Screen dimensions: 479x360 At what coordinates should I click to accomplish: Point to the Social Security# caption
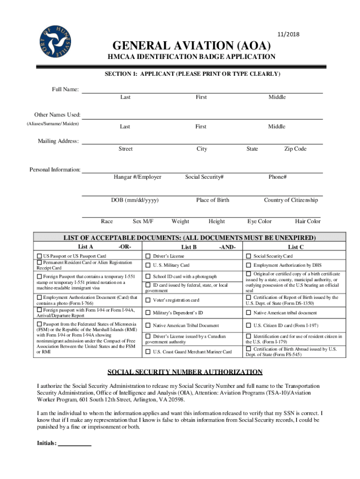tap(204, 177)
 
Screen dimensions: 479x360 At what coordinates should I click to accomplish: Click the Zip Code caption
tap(295, 149)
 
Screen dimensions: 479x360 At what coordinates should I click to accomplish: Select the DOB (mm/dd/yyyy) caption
tap(135, 200)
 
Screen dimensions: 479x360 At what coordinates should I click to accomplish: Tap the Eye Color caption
tap(259, 221)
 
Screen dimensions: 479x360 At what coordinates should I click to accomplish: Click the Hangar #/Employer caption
tap(137, 177)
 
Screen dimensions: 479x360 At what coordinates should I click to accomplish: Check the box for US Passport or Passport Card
tap(39, 256)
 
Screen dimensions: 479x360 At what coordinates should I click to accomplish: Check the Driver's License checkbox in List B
tap(148, 256)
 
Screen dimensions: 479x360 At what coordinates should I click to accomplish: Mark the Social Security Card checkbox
tap(249, 256)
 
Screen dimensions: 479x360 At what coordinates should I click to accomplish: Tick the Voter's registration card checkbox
tap(148, 300)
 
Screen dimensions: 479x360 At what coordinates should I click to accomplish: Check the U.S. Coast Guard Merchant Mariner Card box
tap(148, 351)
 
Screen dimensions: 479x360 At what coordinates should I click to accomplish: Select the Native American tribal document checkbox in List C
tap(249, 312)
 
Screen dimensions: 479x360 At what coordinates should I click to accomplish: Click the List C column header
tap(296, 247)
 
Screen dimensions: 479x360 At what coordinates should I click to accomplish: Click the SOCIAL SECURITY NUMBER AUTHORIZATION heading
tap(185, 372)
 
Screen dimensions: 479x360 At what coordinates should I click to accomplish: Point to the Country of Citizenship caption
tap(291, 200)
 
